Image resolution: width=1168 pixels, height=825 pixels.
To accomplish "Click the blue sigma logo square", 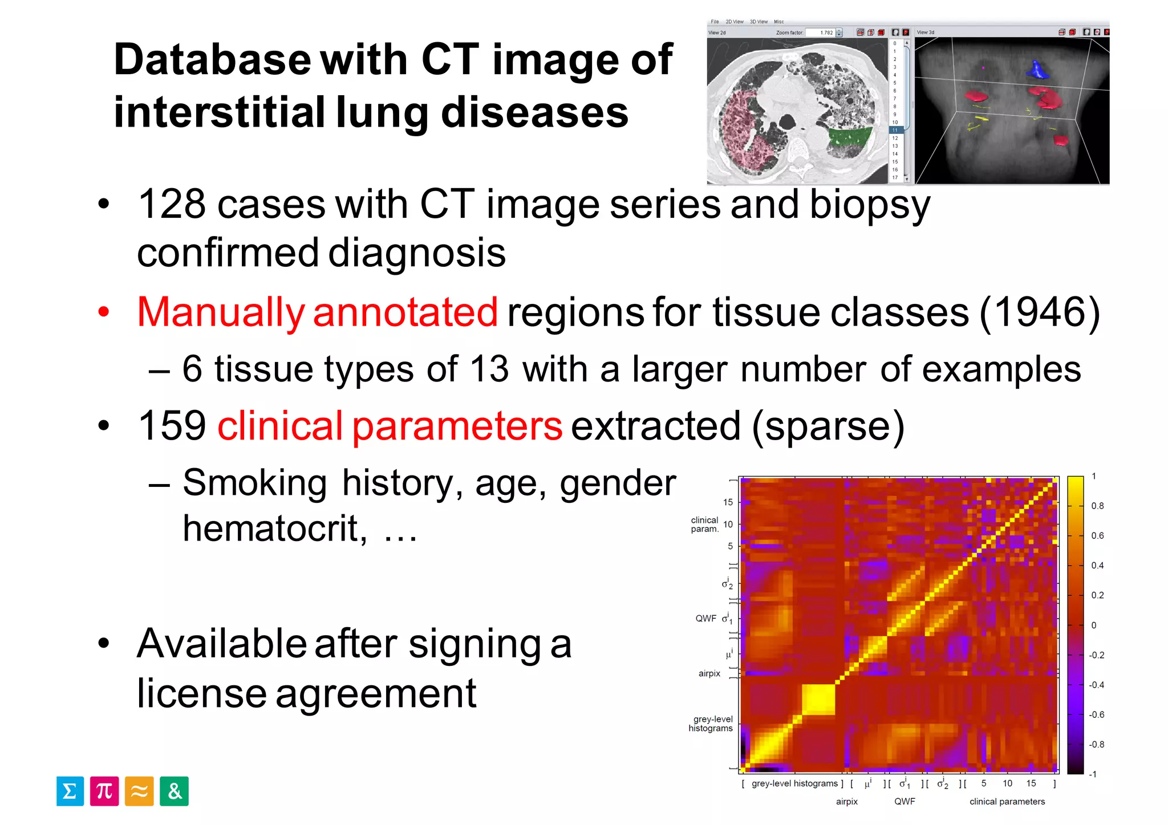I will point(70,791).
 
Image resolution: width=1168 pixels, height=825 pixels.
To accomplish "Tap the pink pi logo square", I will point(104,791).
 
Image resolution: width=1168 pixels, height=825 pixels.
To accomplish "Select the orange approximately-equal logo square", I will point(139,791).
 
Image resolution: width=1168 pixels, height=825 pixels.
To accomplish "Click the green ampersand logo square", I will point(174,791).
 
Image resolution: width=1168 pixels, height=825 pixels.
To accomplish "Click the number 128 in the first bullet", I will point(172,204).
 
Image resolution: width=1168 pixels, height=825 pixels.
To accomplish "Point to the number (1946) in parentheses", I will point(1040,312).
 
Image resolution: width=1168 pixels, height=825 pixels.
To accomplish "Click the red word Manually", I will point(221,312).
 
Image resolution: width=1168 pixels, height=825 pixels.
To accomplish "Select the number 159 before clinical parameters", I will point(172,426).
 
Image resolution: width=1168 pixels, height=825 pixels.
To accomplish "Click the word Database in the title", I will point(212,59).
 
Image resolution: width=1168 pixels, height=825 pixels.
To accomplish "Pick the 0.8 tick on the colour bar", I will point(1097,506).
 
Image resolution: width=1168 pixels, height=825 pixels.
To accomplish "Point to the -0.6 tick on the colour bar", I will point(1096,714).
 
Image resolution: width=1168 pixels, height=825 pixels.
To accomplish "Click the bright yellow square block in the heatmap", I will point(818,698).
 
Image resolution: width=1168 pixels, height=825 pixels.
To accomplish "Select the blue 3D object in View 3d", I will point(1037,70).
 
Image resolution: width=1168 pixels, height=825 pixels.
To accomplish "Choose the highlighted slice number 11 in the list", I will point(895,130).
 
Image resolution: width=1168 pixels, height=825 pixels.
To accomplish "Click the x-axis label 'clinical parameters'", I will point(1007,802).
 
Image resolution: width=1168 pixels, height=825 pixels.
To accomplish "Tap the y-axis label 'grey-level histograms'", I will point(711,724).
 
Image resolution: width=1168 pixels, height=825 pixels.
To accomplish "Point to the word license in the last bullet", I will point(200,694).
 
